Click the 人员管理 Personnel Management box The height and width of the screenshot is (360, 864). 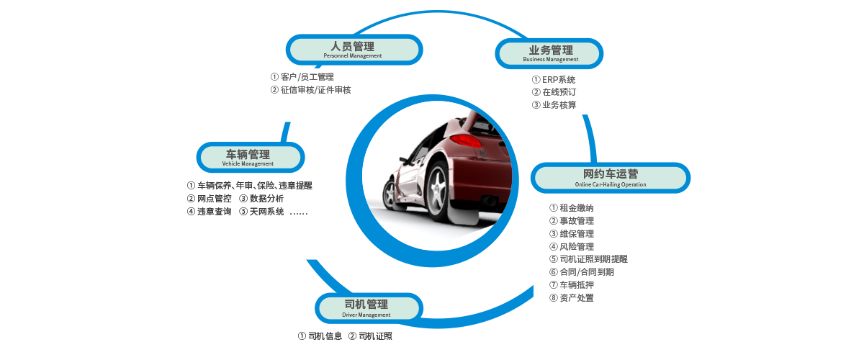[354, 50]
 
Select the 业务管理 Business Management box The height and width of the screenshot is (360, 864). [549, 53]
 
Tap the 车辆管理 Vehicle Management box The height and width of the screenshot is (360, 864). [251, 158]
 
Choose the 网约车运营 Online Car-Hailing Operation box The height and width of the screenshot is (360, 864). [611, 178]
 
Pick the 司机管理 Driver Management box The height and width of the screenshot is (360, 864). [369, 308]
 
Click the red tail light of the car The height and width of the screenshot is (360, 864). [466, 140]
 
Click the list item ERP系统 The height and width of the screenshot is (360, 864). [554, 80]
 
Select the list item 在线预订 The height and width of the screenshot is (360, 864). [554, 92]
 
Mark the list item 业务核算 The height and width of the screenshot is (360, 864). [554, 105]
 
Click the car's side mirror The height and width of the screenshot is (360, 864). [404, 160]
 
